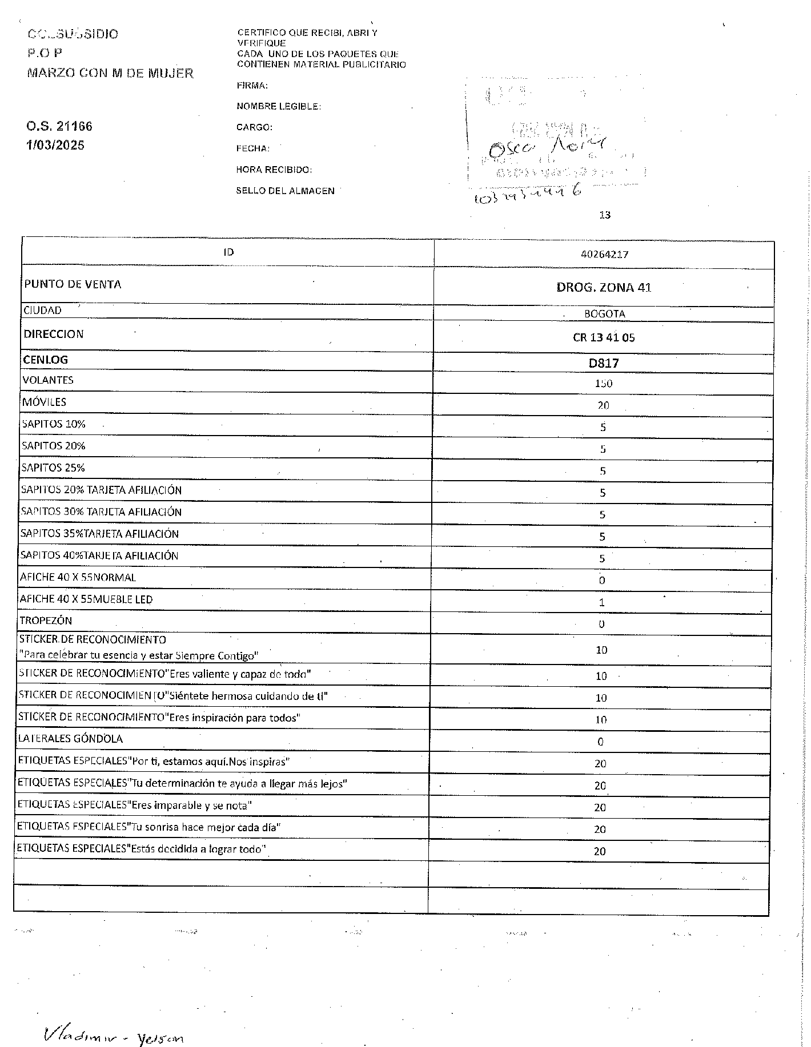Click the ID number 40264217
click(604, 255)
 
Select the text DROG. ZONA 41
click(604, 287)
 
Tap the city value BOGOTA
click(604, 314)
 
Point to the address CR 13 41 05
click(604, 337)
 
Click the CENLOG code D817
click(604, 363)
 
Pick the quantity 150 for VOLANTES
click(603, 384)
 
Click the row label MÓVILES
click(44, 402)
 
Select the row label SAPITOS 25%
click(53, 468)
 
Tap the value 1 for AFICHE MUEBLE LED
click(601, 602)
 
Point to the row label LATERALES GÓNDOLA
click(70, 739)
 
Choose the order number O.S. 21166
click(59, 126)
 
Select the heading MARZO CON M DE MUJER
click(110, 73)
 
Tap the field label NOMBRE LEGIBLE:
click(278, 107)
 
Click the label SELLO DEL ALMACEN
click(285, 191)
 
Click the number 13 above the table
click(605, 215)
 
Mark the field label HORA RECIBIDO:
click(274, 170)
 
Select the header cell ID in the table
click(228, 252)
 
